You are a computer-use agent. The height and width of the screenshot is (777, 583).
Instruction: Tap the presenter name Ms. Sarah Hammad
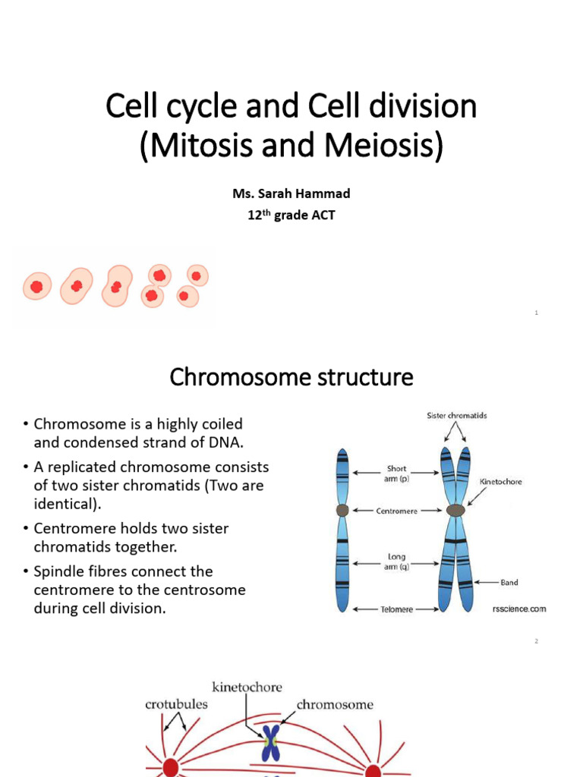click(291, 193)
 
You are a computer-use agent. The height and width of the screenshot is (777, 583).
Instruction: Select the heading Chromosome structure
click(291, 376)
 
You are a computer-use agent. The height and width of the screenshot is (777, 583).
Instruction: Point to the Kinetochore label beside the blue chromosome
click(500, 482)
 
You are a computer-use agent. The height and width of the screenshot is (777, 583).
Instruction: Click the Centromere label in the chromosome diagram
click(397, 511)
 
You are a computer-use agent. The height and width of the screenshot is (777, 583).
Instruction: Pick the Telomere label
click(396, 609)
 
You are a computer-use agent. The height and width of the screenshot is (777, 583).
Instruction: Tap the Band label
click(509, 583)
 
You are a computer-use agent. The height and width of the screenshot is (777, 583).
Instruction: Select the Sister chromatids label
click(455, 416)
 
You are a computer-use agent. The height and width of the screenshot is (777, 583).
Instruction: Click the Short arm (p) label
click(397, 473)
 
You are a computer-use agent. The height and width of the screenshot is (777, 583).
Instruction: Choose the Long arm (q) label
click(397, 562)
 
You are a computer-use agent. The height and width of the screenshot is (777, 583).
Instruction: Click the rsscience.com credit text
click(518, 609)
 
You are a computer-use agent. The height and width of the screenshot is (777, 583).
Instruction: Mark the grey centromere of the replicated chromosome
click(455, 511)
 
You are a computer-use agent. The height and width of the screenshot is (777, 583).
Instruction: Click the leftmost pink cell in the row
click(36, 287)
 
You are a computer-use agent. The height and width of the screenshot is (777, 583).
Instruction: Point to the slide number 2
click(536, 641)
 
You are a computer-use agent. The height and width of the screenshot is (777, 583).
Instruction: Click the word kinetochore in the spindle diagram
click(247, 687)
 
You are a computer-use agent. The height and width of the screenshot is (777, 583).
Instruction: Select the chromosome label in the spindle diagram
click(335, 704)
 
